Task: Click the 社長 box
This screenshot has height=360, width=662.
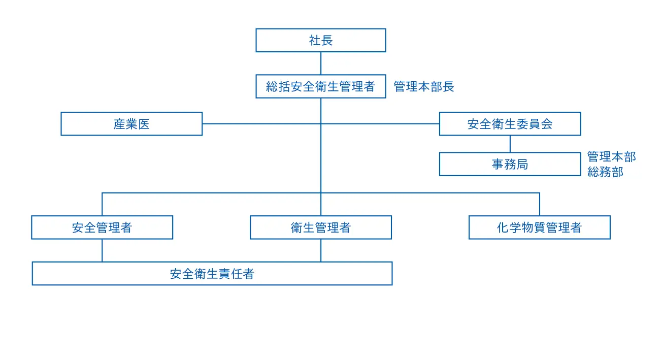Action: coord(320,40)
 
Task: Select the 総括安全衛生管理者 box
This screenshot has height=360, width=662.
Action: coord(320,86)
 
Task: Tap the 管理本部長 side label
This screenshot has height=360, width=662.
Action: coord(424,87)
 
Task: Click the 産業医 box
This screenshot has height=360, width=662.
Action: coord(131,124)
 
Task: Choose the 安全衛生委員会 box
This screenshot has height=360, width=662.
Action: coord(510,124)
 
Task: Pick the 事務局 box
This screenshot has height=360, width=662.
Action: coord(510,164)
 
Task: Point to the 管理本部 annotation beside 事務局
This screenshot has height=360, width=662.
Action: coord(611,156)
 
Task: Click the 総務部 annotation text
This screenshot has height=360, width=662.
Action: coord(605,172)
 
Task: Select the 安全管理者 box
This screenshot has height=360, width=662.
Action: coord(102,227)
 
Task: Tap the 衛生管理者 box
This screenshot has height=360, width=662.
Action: coord(320,227)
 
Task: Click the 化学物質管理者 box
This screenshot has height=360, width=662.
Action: coord(539,227)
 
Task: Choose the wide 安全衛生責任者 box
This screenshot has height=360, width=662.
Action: coord(212,274)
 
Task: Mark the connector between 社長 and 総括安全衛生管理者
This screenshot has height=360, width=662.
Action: coord(320,63)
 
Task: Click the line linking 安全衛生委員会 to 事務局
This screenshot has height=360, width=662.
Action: coord(510,144)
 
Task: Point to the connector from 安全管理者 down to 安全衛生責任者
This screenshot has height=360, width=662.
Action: coord(102,250)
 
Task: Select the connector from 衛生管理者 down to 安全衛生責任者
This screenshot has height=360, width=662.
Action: coord(320,250)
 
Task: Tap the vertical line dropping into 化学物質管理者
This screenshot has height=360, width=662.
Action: coord(539,204)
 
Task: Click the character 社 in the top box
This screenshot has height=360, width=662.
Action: coord(315,41)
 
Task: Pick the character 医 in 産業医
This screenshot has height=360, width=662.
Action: coord(144,124)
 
